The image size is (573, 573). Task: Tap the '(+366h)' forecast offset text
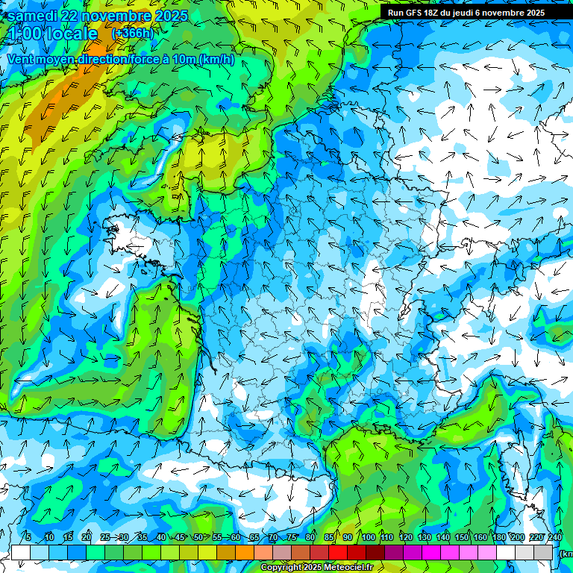tap(132, 33)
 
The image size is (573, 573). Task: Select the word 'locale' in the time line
tap(71, 34)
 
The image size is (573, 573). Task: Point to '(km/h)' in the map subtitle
tap(216, 60)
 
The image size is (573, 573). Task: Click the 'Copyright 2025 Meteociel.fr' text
tap(316, 568)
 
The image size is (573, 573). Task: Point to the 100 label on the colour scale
tap(369, 537)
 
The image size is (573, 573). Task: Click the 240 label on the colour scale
tap(554, 537)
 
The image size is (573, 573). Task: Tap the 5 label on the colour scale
tap(28, 537)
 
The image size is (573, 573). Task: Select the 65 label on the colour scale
tap(254, 537)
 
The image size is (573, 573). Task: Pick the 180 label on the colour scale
tap(498, 537)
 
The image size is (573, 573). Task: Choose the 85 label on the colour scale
tap(328, 537)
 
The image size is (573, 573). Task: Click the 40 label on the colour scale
tap(161, 537)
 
